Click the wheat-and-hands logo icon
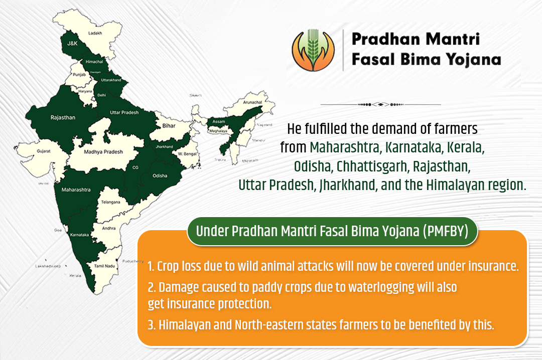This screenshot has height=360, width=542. (x=313, y=49)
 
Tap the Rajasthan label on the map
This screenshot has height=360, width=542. (x=63, y=117)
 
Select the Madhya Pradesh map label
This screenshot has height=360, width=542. (x=103, y=151)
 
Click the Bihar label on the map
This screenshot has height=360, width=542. (x=169, y=126)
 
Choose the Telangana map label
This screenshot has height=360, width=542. (x=110, y=202)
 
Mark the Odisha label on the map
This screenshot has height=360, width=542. (x=160, y=176)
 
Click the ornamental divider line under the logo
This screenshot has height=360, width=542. (x=380, y=104)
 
